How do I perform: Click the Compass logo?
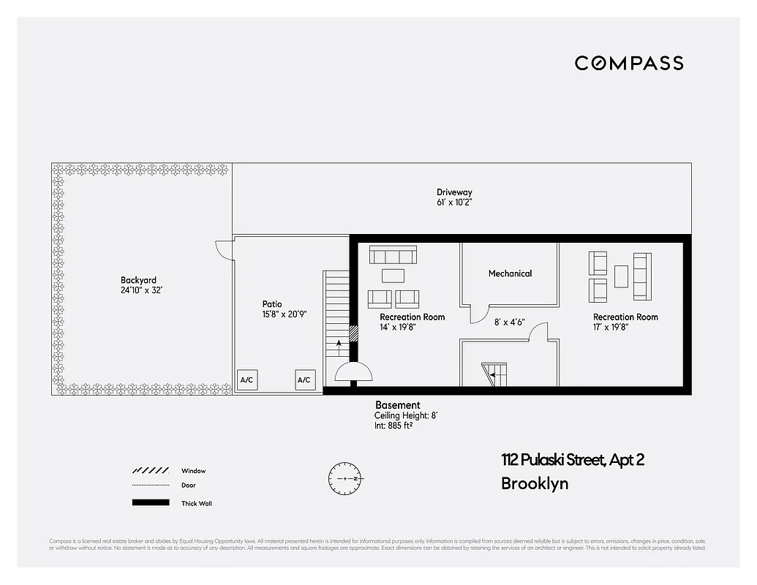[x=629, y=63]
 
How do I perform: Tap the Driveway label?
[x=455, y=192]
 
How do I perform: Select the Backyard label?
[x=138, y=280]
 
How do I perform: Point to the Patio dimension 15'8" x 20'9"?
[x=285, y=314]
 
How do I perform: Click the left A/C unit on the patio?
[x=246, y=380]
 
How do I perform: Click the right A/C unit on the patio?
[x=304, y=380]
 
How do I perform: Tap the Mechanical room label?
[x=510, y=273]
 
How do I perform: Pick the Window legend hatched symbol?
[x=150, y=471]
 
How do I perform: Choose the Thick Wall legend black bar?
[x=150, y=503]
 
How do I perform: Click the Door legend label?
[x=189, y=486]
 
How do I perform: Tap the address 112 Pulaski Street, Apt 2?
[x=573, y=460]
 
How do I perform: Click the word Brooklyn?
[x=535, y=483]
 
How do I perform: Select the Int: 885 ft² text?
[x=393, y=425]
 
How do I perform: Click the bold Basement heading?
[x=397, y=405]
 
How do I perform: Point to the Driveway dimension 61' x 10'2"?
[x=455, y=203]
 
